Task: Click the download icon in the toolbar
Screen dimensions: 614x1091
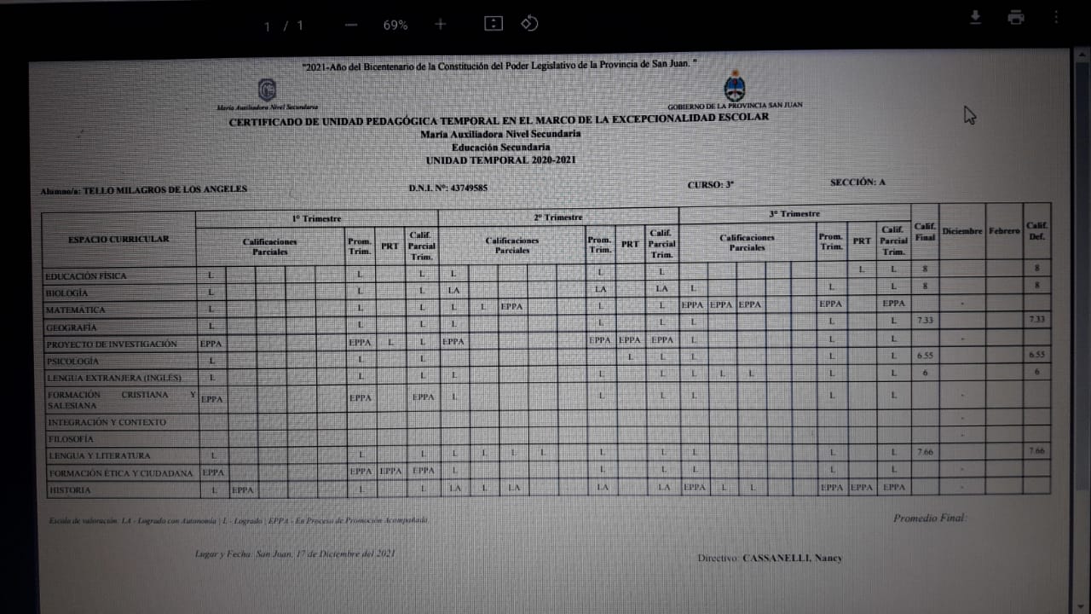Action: (x=976, y=17)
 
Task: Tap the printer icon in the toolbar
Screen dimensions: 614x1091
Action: (x=1016, y=17)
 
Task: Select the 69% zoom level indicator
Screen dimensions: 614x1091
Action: (x=395, y=25)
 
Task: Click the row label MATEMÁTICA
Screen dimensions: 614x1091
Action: (x=76, y=310)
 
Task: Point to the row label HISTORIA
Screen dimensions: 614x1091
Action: (x=70, y=490)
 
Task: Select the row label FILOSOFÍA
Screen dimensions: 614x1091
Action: (x=71, y=439)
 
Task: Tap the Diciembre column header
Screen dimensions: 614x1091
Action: (x=962, y=231)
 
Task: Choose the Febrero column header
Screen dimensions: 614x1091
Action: (x=1004, y=231)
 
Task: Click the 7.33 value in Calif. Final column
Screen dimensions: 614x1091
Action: (x=924, y=319)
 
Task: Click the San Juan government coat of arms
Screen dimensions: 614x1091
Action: (x=734, y=88)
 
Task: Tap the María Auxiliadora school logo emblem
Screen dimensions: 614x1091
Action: (x=268, y=90)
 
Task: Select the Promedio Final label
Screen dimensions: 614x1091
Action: (x=931, y=518)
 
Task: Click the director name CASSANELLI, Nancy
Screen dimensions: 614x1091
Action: (x=792, y=558)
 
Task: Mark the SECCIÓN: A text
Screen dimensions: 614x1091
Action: (x=857, y=182)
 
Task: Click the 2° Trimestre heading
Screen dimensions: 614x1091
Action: (x=558, y=217)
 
